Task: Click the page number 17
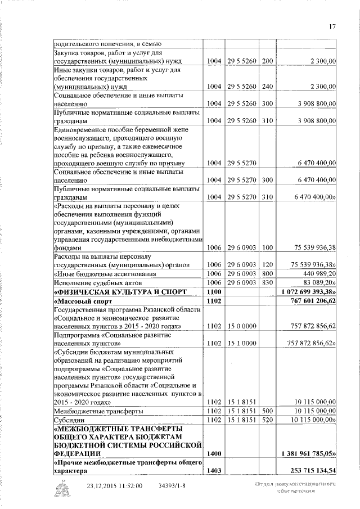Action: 332,26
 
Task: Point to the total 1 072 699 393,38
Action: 308,292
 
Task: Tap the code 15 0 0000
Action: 242,326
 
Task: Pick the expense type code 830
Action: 267,282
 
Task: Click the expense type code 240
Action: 267,87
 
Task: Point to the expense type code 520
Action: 267,420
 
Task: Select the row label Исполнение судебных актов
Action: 97,282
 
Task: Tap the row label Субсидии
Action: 67,420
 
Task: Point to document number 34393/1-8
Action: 173,485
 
